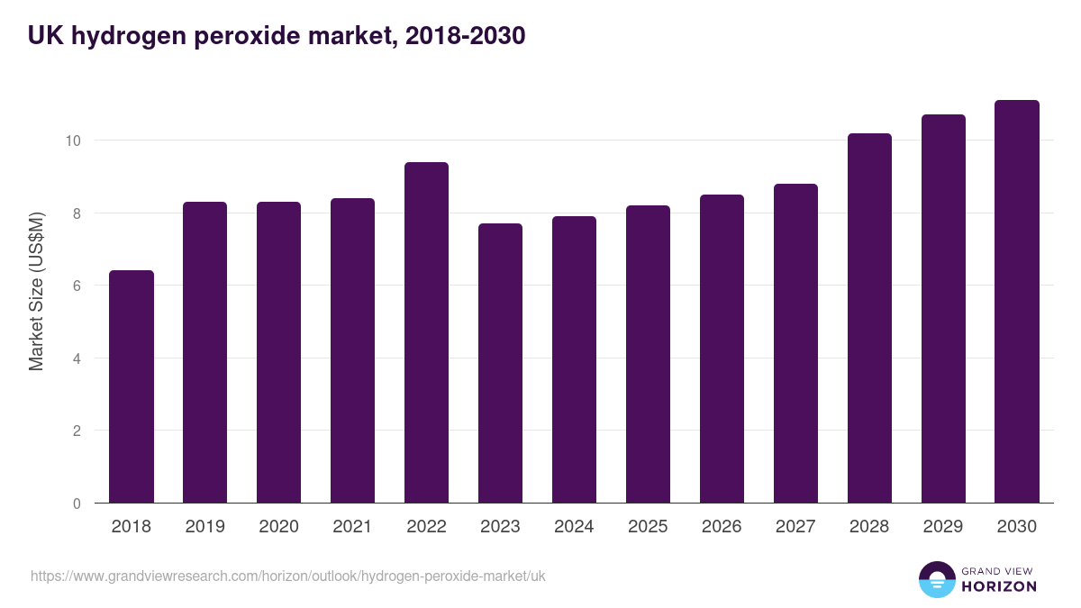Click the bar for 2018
132,387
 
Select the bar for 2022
426,333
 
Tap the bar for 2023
500,364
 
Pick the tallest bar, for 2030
1017,302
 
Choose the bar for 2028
869,319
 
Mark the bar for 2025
648,355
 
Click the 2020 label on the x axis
278,527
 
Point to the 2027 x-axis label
795,527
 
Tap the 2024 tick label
574,527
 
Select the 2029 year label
943,527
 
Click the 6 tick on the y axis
77,286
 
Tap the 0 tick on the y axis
77,504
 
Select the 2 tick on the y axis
77,431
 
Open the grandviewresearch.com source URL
288,576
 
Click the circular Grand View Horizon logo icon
937,579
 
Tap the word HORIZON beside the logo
999,586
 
